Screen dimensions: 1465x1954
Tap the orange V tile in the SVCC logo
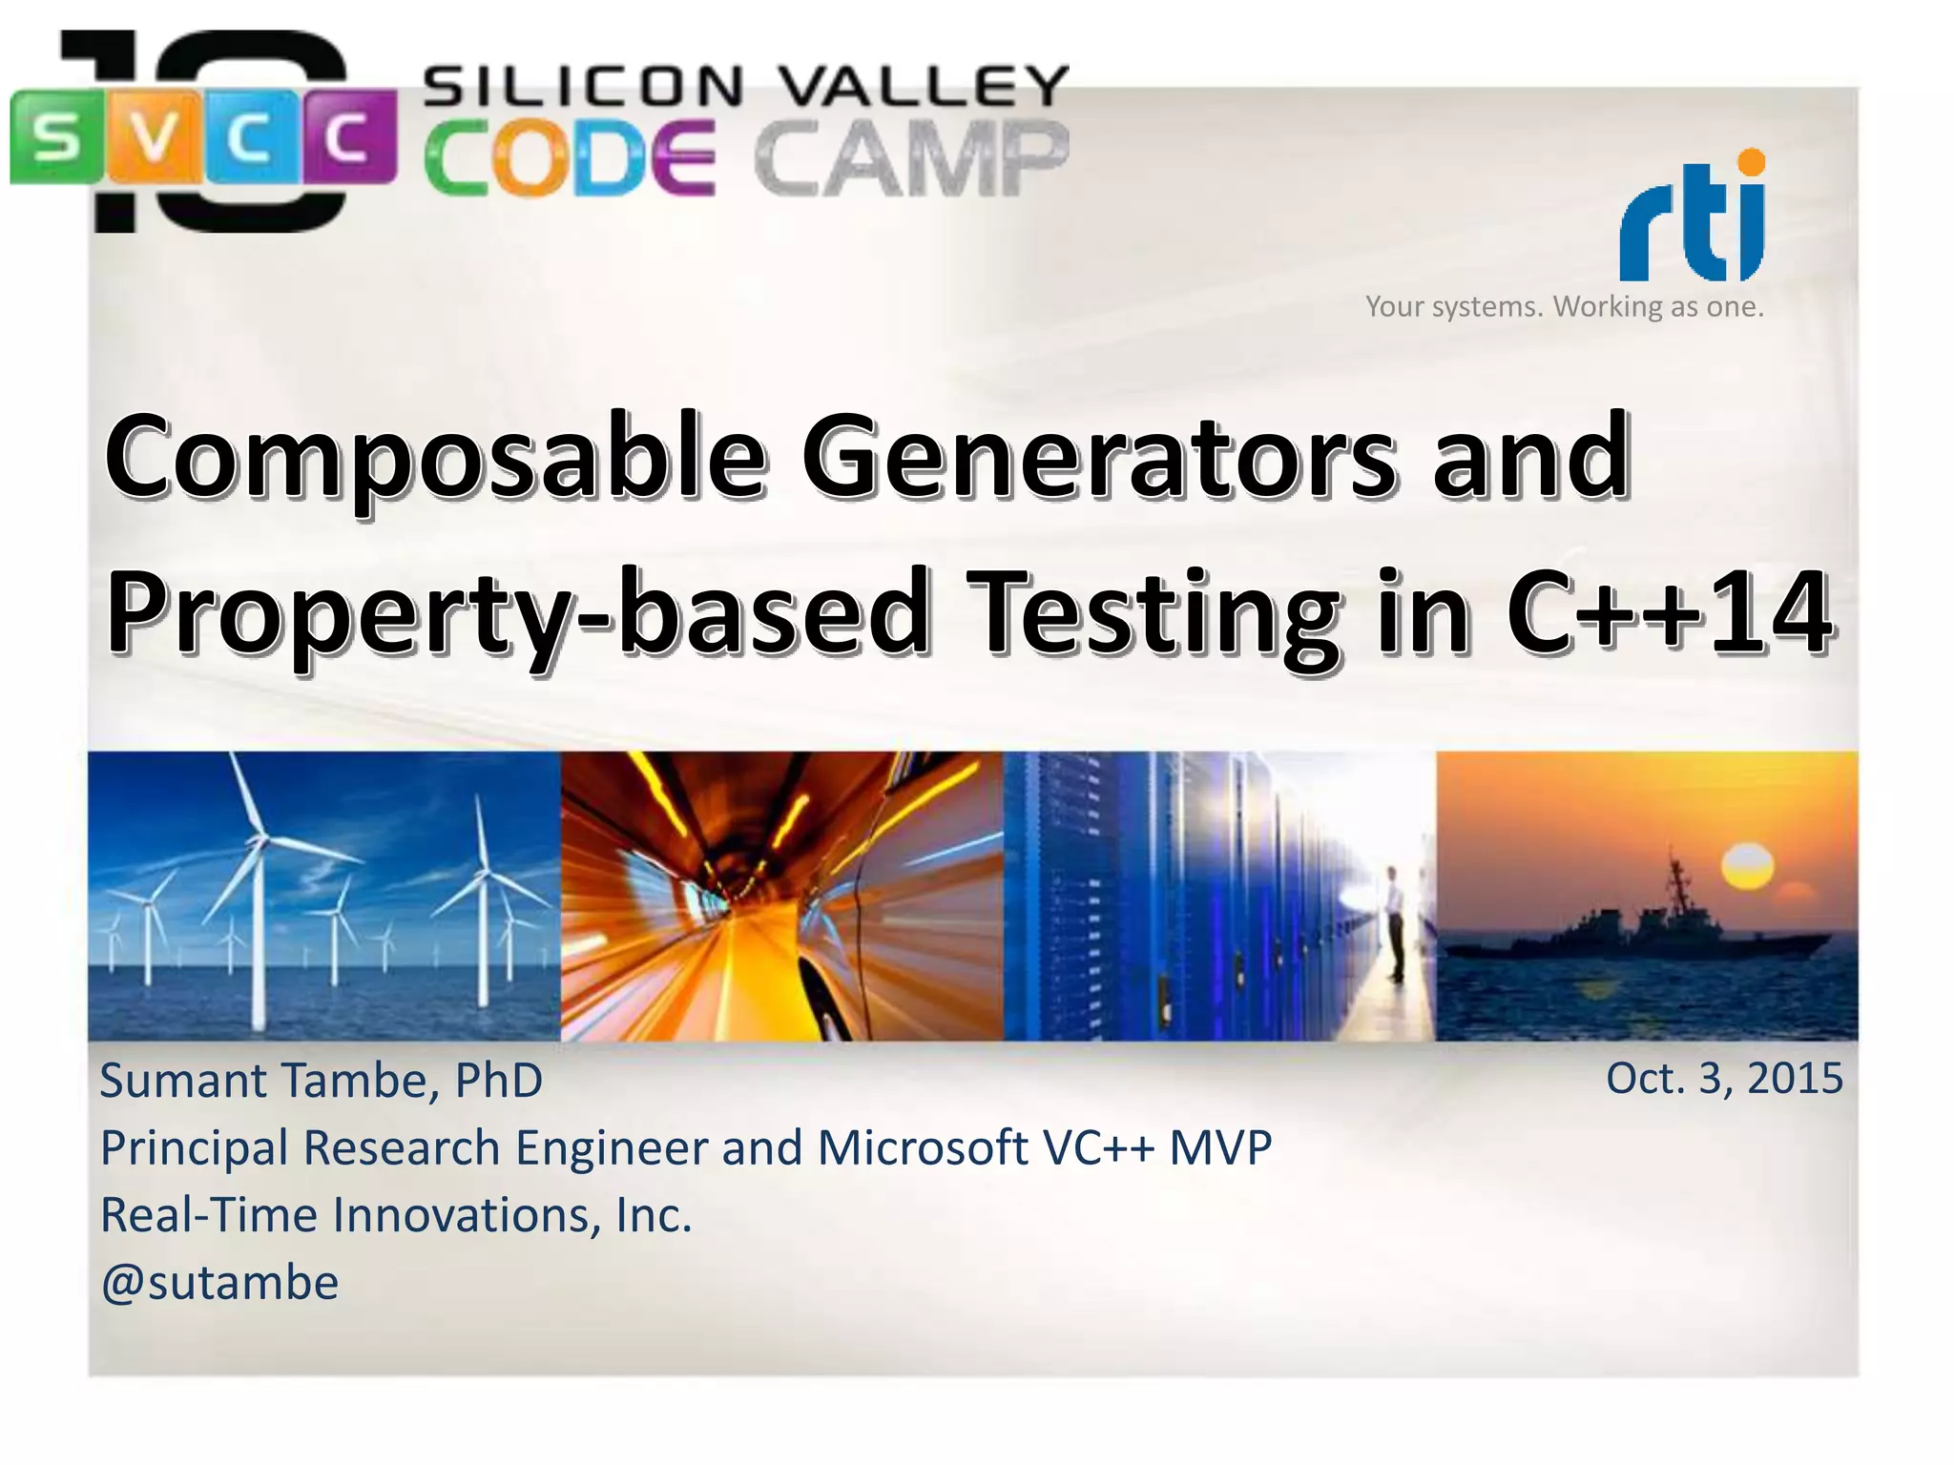click(x=156, y=136)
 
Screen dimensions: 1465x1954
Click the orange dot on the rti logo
click(x=1751, y=162)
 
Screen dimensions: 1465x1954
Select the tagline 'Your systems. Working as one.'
click(x=1565, y=306)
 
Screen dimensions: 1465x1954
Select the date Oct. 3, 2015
click(x=1724, y=1078)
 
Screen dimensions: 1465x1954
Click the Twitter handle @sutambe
click(x=219, y=1282)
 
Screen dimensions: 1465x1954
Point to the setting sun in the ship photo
click(x=1747, y=866)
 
